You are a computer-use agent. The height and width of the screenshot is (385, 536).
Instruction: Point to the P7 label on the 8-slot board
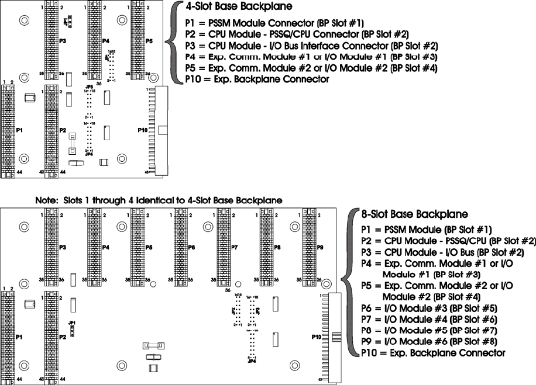coord(234,248)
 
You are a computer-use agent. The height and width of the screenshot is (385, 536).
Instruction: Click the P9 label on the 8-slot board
coord(320,248)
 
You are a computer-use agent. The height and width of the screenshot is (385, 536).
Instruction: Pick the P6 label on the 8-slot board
coord(191,248)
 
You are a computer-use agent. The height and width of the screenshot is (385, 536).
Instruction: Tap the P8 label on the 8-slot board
coord(277,248)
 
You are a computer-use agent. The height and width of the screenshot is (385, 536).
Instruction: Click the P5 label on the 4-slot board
coord(149,41)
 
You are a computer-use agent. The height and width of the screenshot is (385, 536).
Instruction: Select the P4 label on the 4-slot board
coord(105,41)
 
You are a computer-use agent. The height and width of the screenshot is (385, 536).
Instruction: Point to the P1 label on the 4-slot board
coord(19,130)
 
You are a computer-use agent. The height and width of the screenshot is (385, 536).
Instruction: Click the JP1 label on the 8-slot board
coord(71,322)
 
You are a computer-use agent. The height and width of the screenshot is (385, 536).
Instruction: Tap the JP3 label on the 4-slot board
coord(89,87)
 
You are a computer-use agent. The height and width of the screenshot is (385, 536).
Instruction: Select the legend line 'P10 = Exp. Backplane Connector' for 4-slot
coord(256,79)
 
